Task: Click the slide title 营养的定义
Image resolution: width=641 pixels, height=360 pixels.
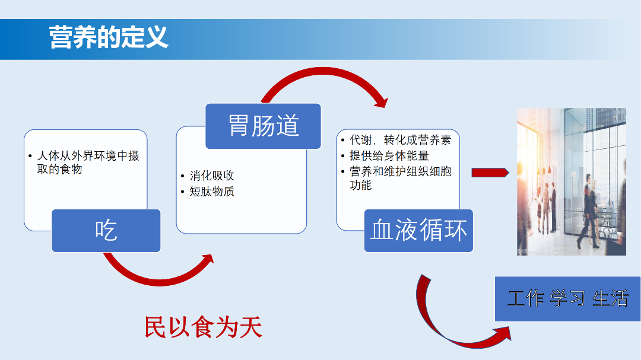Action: click(x=109, y=37)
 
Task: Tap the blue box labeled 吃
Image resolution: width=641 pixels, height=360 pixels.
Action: click(x=106, y=230)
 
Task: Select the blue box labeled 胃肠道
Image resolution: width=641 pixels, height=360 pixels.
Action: click(x=263, y=126)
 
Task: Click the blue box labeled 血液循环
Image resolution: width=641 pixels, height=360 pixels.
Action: click(x=418, y=230)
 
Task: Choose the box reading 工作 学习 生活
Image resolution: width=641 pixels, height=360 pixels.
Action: click(x=567, y=298)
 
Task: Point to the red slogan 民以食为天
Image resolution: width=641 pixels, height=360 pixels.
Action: click(x=203, y=327)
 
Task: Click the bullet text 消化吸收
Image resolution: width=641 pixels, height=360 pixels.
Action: click(x=212, y=176)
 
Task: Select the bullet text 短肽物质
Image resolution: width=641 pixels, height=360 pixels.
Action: click(x=212, y=192)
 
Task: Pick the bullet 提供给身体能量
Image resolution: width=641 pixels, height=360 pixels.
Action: click(x=389, y=156)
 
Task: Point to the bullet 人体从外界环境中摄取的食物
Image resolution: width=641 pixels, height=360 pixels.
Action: click(x=88, y=163)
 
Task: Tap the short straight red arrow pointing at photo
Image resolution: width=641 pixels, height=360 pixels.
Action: click(x=490, y=173)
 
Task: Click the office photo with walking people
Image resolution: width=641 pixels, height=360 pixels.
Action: click(x=571, y=181)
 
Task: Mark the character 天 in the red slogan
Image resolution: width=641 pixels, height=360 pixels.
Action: click(x=250, y=327)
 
